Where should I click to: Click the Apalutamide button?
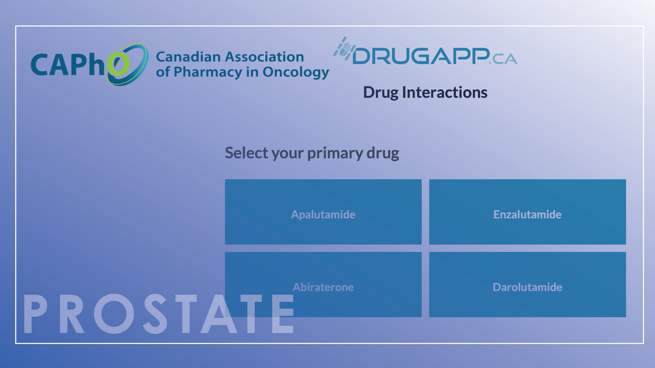click(x=323, y=212)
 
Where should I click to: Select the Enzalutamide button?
click(x=527, y=212)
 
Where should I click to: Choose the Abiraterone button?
click(x=323, y=284)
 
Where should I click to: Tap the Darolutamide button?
click(x=527, y=284)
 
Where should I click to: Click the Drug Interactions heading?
click(x=425, y=93)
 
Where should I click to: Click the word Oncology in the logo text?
click(x=296, y=72)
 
